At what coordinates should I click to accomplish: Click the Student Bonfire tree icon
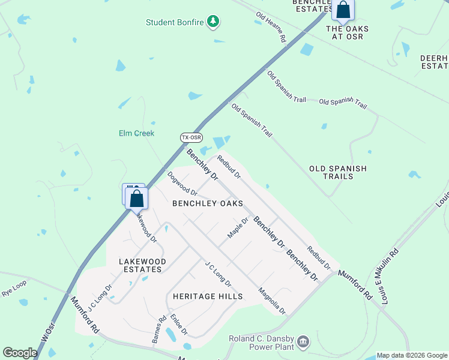pos(213,22)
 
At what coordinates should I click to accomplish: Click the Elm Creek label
pos(136,133)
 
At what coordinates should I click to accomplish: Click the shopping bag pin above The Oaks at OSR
pos(343,10)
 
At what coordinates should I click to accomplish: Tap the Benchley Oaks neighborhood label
pos(208,204)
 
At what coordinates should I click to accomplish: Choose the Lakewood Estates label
pos(140,265)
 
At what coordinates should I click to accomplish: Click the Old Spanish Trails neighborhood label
pos(337,173)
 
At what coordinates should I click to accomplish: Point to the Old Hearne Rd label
pos(271,27)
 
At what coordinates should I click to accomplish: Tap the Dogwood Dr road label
pos(182,184)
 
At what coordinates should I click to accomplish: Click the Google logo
pos(20,353)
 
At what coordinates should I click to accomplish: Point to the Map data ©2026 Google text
pos(412,355)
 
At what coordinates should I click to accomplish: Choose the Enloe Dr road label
pos(179,324)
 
